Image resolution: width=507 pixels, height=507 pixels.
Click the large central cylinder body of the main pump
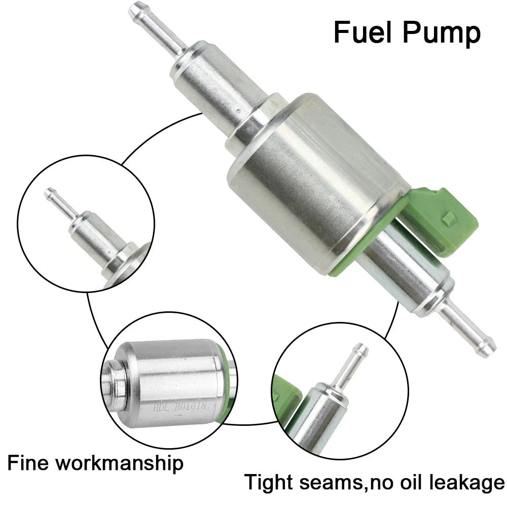(x=314, y=183)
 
